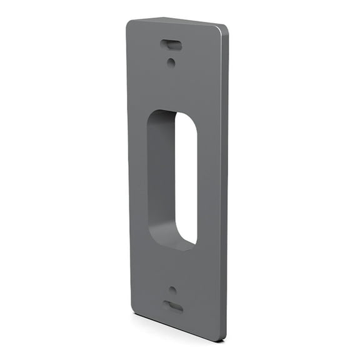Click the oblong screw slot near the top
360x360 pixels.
[171, 45]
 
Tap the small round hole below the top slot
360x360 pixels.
[172, 61]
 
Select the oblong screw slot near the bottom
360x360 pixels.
[173, 306]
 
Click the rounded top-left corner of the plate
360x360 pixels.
[130, 24]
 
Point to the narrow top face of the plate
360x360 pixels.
[178, 23]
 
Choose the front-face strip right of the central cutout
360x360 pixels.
[208, 181]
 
